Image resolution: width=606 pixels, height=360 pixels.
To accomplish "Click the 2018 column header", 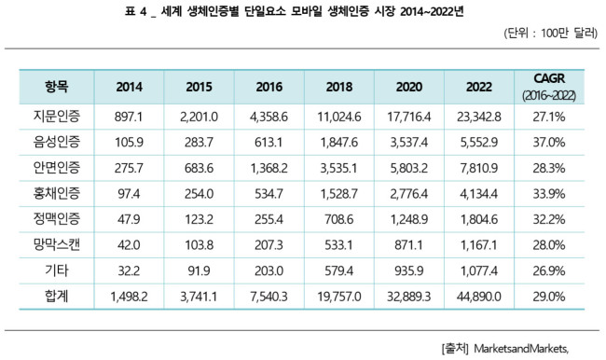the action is pos(339,87).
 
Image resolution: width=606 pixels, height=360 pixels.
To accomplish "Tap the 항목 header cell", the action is pos(57,86).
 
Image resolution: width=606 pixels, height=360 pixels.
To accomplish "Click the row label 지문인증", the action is pos(57,116).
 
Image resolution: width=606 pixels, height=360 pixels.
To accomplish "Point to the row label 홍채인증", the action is pos(57,193).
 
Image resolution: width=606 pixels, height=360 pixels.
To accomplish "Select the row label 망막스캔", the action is pos(57,244).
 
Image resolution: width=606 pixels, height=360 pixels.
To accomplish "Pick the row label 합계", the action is pos(57,296).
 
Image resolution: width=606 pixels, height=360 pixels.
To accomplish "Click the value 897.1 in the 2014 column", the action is pos(129,117).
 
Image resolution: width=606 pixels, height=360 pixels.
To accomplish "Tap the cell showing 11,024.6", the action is pos(339,117).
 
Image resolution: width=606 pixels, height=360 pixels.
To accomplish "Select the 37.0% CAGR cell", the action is pos(549,143).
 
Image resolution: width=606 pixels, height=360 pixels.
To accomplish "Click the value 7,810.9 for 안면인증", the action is pos(479,168).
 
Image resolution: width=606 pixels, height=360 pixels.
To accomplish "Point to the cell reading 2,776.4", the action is pos(409,194).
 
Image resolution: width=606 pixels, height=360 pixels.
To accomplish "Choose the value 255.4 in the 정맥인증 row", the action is pos(269,219).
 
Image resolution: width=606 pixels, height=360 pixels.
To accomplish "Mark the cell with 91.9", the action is pos(199,270).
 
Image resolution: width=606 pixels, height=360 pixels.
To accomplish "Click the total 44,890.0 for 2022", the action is pos(479,297).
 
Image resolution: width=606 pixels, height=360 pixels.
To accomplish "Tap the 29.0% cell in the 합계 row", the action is pos(549,297).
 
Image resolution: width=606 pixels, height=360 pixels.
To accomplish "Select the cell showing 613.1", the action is pos(269,143).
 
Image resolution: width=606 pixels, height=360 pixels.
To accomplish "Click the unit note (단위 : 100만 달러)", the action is pos(551,34).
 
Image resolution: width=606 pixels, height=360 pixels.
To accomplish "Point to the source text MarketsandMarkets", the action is pos(521,349).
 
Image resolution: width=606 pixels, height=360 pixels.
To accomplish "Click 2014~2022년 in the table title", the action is pos(432,12).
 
